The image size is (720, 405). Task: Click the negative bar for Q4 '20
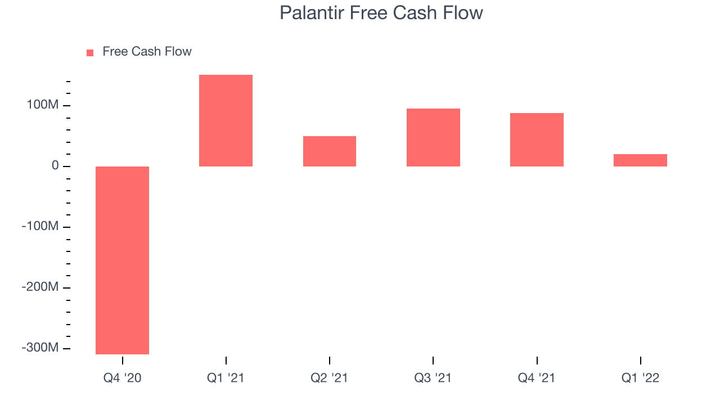pos(122,260)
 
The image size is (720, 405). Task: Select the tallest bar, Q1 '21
pos(226,120)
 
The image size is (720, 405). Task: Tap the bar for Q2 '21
pos(330,151)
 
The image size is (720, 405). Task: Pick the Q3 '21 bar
pos(433,138)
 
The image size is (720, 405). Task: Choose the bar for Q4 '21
pos(537,140)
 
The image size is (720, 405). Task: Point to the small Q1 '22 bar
pos(640,160)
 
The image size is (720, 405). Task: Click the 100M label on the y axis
pos(43,105)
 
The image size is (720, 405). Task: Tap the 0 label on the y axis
pos(55,165)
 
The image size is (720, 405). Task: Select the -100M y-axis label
pos(40,226)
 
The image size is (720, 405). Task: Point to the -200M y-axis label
pos(40,287)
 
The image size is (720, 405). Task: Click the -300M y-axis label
pos(40,348)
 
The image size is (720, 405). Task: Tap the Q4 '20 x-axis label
pos(122,378)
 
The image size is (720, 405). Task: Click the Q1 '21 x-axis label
pos(226,378)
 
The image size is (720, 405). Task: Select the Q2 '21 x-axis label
pos(329,378)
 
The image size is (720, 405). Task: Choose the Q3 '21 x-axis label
pos(433,378)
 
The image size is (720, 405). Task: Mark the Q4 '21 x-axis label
pos(537,378)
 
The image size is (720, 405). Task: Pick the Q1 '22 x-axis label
pos(640,378)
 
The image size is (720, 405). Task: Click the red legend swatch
pos(90,53)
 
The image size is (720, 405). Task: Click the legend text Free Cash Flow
pos(147,51)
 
